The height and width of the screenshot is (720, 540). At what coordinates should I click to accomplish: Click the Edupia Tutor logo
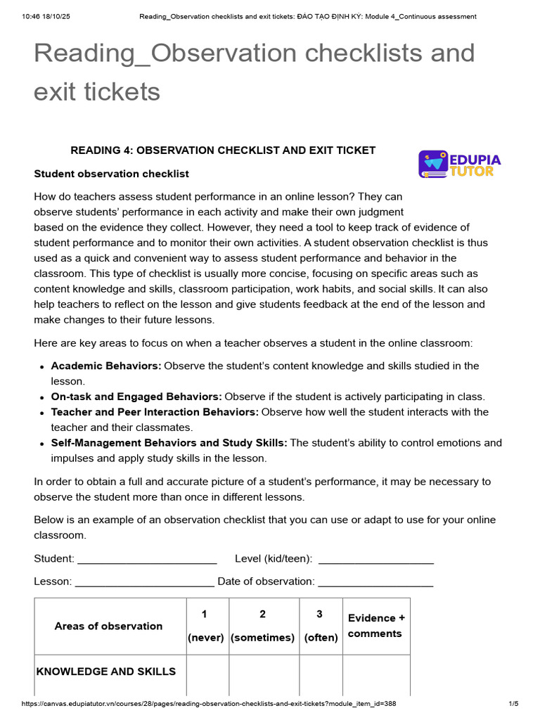pos(459,164)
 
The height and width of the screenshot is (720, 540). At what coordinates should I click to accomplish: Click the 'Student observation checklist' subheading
pos(111,174)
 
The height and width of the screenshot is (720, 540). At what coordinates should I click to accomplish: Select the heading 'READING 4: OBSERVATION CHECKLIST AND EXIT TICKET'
pos(223,150)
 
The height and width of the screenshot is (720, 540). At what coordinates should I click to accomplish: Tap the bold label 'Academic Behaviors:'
pos(106,366)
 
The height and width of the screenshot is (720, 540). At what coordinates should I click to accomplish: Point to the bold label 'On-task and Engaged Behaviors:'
pos(136,397)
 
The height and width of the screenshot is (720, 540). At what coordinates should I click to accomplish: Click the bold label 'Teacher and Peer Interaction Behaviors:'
pos(155,412)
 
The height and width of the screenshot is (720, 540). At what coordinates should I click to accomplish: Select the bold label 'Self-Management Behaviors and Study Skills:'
pos(169,443)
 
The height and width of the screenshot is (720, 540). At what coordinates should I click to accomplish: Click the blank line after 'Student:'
pos(147,560)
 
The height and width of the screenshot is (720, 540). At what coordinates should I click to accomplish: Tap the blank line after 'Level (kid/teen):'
pos(375,560)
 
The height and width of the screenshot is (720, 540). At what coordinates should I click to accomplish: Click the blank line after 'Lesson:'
pos(144,582)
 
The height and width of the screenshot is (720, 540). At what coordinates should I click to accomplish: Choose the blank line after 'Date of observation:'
pos(375,582)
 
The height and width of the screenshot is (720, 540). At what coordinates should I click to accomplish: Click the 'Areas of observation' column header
pos(108,626)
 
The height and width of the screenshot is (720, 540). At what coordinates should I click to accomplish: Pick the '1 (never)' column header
pos(205,626)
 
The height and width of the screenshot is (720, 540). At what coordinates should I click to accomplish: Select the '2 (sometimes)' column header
pos(262,626)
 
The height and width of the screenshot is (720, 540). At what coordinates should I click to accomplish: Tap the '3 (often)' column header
pos(321,626)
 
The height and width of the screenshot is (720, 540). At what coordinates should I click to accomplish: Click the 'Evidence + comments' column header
pos(376,626)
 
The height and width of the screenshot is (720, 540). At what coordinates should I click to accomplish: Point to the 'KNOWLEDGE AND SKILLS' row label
pos(106,671)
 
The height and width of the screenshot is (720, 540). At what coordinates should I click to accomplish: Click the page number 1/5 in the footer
pos(513,704)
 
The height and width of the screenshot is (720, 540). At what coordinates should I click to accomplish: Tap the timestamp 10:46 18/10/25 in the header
pos(40,16)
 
